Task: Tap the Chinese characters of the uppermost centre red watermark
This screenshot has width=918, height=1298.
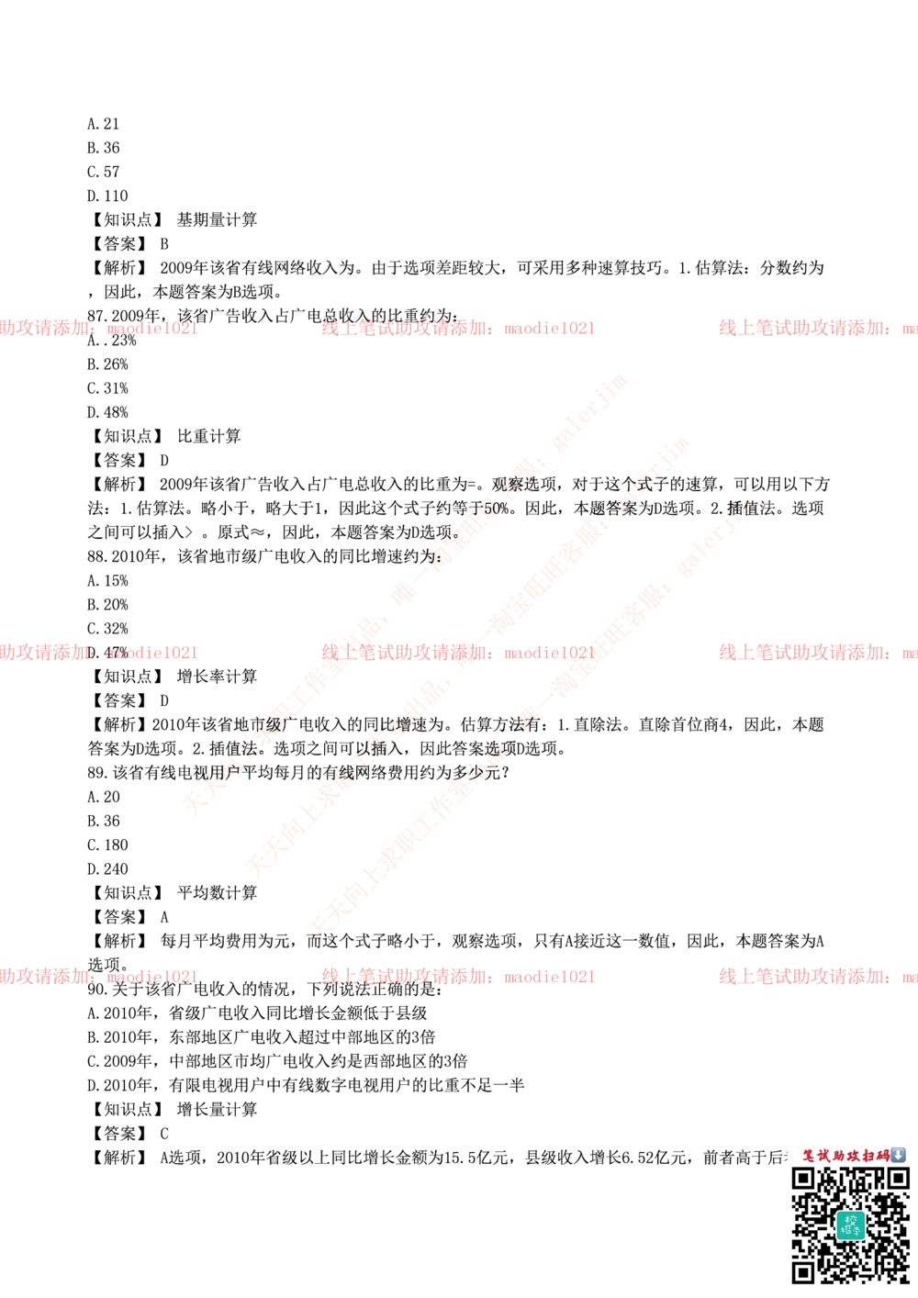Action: (404, 328)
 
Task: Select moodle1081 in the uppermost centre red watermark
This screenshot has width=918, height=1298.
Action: (548, 328)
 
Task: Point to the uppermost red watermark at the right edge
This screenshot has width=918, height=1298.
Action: (817, 328)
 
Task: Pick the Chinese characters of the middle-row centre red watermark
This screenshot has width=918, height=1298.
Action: (404, 653)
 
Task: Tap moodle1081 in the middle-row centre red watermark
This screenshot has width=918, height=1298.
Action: (548, 653)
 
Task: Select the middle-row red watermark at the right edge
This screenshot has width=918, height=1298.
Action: (817, 653)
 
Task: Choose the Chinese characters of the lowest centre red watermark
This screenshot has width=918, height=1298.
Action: (404, 977)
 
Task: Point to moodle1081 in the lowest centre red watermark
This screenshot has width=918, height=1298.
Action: (548, 977)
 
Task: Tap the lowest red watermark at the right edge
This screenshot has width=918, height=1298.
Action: (817, 977)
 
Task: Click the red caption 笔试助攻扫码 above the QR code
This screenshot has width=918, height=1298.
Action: (845, 1155)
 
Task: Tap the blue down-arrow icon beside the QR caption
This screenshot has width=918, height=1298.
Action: (898, 1155)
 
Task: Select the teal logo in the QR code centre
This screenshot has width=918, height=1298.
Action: (851, 1225)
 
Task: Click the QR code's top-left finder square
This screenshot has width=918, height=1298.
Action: (804, 1180)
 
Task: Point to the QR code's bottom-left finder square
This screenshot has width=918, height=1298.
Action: (804, 1271)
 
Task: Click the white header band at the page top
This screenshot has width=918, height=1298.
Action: (459, 77)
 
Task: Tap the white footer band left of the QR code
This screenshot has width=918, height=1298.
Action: (386, 1225)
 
